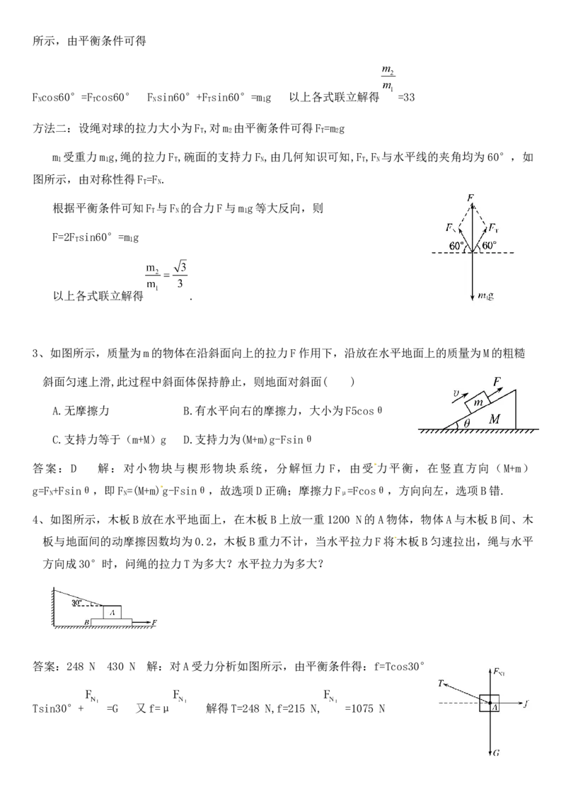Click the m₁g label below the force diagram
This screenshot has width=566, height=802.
[x=486, y=295]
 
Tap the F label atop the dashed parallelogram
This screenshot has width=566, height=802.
[x=470, y=198]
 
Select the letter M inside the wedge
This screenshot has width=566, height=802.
[x=495, y=419]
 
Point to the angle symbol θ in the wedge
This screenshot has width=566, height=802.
[x=466, y=423]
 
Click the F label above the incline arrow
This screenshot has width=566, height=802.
[x=497, y=381]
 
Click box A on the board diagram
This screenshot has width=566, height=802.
[x=112, y=611]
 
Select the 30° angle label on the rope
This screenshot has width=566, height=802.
[x=77, y=603]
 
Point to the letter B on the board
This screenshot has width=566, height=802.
[x=87, y=622]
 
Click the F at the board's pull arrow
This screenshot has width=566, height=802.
[x=154, y=623]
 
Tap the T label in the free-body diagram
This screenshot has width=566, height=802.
[x=441, y=684]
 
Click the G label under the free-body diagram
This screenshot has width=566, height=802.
[x=497, y=753]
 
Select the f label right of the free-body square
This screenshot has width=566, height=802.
[x=526, y=704]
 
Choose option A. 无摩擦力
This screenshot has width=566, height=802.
[x=81, y=411]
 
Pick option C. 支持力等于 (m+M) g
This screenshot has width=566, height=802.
[x=110, y=439]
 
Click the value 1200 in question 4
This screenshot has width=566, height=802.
[x=339, y=519]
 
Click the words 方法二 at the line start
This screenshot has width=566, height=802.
[x=50, y=128]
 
